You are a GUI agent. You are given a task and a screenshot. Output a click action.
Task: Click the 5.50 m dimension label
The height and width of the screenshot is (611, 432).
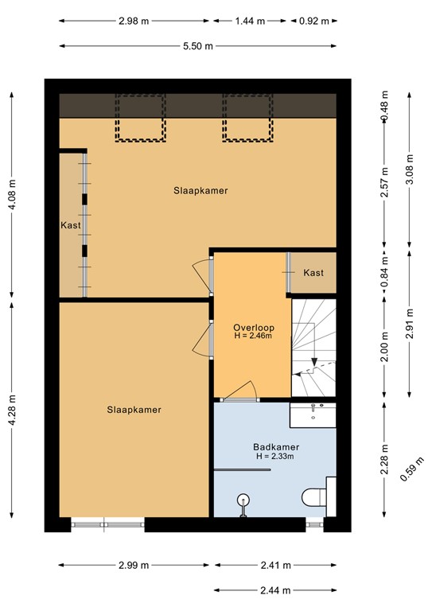click(197, 46)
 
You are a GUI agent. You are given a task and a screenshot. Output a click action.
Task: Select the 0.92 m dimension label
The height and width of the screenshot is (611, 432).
click(313, 21)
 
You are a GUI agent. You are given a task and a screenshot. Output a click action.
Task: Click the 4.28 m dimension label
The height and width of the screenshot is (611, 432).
click(11, 411)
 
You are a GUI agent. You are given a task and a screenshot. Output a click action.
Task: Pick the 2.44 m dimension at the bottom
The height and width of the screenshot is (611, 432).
click(275, 590)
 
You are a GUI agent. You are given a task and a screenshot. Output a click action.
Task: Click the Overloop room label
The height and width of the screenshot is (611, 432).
click(252, 327)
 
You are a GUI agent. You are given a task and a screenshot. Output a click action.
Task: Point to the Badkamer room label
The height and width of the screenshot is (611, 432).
click(274, 446)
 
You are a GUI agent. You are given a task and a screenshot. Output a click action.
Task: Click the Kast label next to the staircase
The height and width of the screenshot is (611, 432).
click(313, 273)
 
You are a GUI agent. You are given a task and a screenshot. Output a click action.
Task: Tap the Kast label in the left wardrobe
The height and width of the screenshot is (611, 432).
click(71, 225)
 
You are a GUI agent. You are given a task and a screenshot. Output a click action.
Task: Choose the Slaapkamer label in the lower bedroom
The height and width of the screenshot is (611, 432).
click(134, 410)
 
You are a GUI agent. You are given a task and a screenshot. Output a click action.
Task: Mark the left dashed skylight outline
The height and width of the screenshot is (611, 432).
click(141, 118)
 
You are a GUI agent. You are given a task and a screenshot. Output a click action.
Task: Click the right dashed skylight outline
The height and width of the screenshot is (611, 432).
click(247, 118)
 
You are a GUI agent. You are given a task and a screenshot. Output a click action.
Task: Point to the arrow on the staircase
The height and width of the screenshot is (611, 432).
click(315, 363)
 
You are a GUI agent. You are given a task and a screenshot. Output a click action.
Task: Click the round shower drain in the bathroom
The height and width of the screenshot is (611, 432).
click(243, 500)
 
